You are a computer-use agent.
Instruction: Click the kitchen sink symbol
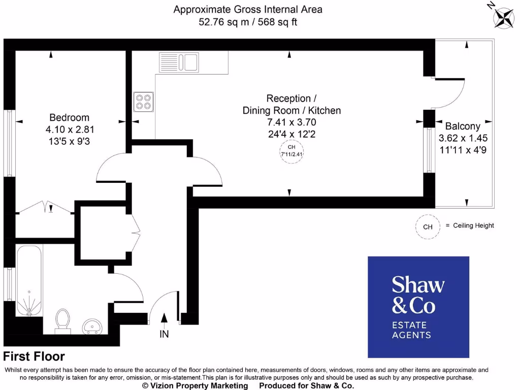pos(179,62)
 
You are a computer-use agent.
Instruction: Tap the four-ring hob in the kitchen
pos(144,101)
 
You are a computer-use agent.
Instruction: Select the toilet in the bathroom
pos(63,320)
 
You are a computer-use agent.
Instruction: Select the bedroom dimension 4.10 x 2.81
pos(70,130)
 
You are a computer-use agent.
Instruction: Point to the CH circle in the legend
pos(428,227)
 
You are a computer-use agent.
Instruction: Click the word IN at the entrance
pos(164,334)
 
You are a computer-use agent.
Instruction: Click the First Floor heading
pos(34,357)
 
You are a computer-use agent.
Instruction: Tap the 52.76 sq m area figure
pos(225,22)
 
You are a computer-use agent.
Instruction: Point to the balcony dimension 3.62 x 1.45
pos(463,138)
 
